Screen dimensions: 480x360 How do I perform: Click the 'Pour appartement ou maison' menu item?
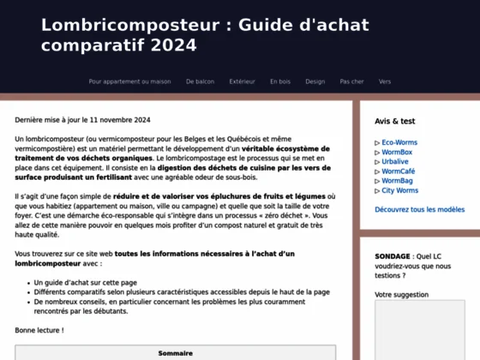pos(129,81)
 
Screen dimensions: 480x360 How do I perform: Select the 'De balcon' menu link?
pos(200,81)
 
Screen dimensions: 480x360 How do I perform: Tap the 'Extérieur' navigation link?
pos(242,81)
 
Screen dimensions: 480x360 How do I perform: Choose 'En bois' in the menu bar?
pos(280,81)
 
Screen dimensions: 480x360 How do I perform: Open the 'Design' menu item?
pos(315,81)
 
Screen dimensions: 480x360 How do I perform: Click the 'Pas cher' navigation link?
pos(351,81)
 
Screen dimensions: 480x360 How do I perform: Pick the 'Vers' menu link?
pos(385,81)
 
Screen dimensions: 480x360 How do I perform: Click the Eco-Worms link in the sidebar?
pos(399,142)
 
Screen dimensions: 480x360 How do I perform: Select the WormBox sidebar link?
pos(397,153)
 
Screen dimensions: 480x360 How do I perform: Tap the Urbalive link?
pos(395,162)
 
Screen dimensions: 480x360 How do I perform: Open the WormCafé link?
pos(398,171)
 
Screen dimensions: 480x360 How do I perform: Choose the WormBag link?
pos(397,181)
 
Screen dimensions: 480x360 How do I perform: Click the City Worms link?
pos(400,190)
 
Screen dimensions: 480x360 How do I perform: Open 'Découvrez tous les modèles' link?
pos(419,209)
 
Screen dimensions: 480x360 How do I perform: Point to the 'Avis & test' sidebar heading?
pos(394,122)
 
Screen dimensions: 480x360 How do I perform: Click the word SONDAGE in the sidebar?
pos(393,256)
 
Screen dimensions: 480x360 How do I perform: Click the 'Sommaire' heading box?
pos(175,353)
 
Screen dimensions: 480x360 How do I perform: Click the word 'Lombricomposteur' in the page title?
pos(130,24)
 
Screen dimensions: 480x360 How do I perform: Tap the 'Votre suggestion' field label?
pos(401,294)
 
